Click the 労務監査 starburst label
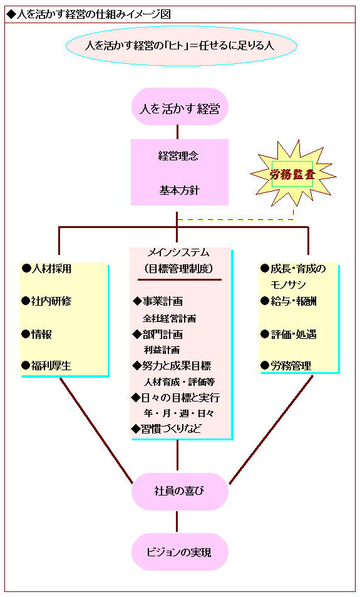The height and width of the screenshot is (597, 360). pos(292,174)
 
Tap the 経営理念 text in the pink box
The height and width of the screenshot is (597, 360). pos(178,156)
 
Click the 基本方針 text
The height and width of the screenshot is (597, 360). pos(179,190)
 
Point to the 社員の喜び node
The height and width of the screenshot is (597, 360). pos(180,491)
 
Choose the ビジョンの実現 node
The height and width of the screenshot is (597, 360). pos(180,552)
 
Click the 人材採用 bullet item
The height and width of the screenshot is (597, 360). pos(47,269)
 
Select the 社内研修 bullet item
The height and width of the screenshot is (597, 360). pos(47,301)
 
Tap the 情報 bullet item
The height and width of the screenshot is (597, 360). pos(37,335)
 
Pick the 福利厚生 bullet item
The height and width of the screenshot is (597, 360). pos(47,366)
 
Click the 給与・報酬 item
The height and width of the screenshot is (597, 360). pos(289,301)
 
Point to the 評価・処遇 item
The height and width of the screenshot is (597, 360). pos(289,335)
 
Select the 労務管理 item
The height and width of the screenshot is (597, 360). pos(286,366)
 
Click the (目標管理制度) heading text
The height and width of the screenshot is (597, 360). pos(179,269)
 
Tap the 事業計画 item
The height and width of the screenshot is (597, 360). pos(158,301)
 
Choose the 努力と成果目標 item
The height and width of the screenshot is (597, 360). pos(172,366)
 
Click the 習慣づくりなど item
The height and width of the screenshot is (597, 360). pos(167,428)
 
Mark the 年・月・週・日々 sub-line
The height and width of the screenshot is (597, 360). pos(179,413)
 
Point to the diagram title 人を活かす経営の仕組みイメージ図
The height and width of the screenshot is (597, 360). pos(89,14)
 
